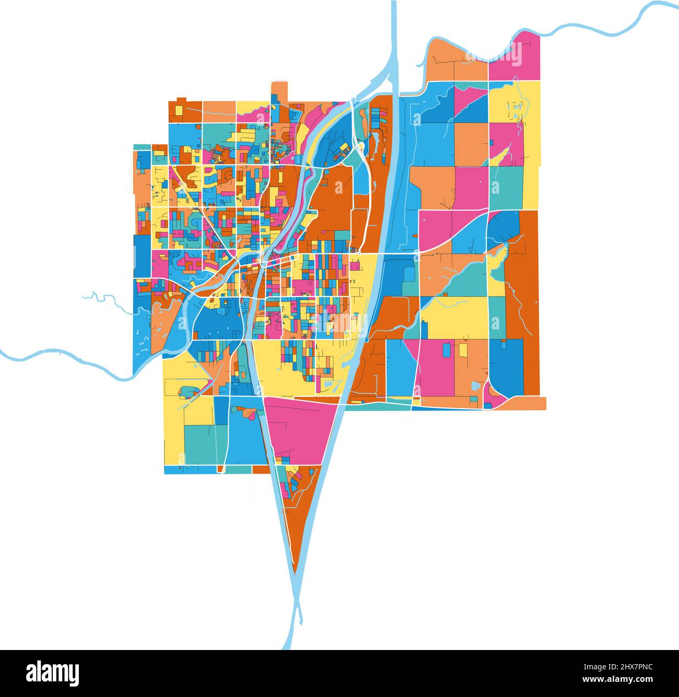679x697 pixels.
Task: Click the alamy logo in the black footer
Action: [53, 674]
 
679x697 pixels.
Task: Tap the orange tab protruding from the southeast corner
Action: [528, 404]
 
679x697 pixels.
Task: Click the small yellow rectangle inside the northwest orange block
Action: [179, 111]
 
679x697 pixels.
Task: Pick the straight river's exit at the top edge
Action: [394, 4]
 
